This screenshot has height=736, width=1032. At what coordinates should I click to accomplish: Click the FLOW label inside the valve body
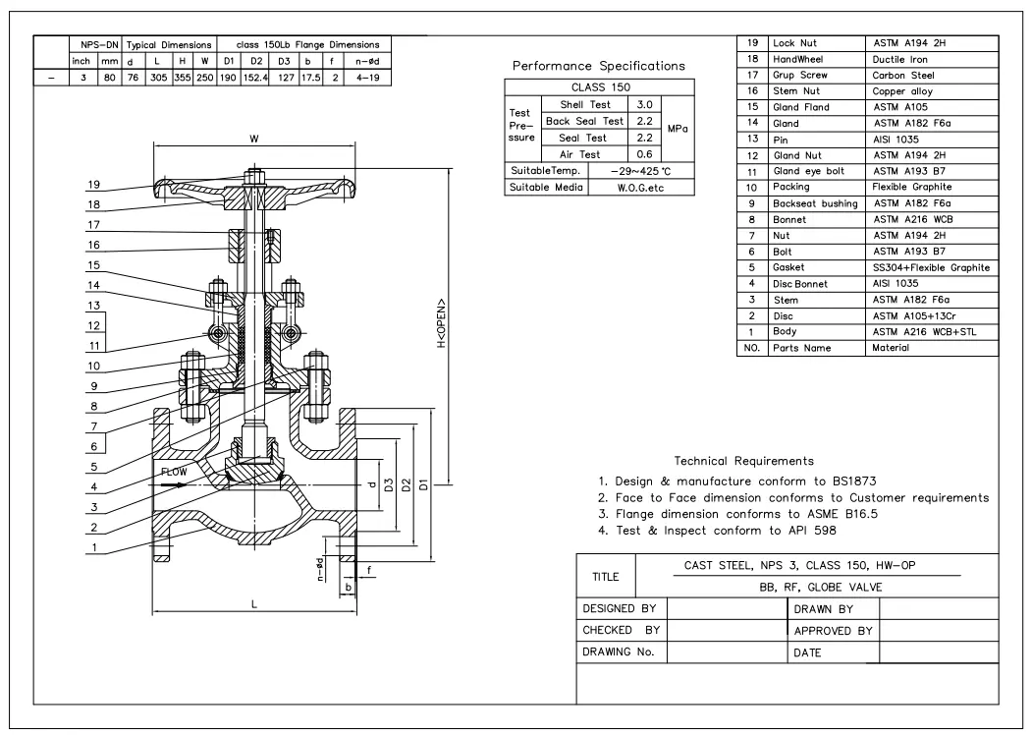coord(174,472)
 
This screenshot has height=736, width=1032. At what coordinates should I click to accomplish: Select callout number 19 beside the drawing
coord(92,184)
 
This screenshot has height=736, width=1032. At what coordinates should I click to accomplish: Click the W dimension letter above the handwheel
coord(255,140)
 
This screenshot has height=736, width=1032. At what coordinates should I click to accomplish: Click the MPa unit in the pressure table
coord(678,129)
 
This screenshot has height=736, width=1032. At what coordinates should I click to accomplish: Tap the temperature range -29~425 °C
coord(638,170)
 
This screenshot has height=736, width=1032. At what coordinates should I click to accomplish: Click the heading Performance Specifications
coord(598,66)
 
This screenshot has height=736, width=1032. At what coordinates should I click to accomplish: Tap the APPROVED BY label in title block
coord(833,631)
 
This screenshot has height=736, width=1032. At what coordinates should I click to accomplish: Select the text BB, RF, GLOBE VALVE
coord(816,588)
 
